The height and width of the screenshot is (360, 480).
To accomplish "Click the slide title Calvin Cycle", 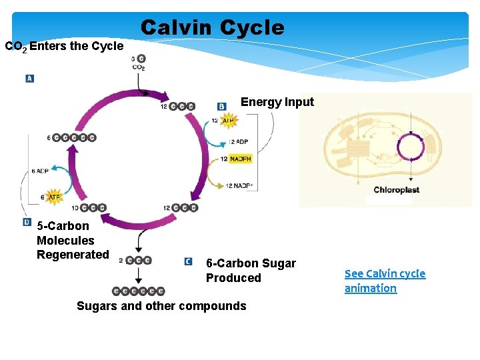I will point(212,28).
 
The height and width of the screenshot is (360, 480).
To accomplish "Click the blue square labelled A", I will point(29,79).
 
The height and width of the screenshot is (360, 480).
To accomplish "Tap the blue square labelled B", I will point(222,106).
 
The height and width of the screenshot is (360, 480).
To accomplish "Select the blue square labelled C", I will point(189,262).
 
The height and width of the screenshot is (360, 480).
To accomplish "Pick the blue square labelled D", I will point(27,222).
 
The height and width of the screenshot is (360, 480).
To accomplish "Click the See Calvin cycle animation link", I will point(385,281).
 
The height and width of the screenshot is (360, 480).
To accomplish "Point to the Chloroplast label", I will point(396,190).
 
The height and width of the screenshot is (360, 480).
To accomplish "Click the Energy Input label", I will point(277,102).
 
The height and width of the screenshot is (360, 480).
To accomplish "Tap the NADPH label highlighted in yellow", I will point(240,159).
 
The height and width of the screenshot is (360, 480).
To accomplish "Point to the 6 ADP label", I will point(40,171).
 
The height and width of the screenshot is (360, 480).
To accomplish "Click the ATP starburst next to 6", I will point(54,197).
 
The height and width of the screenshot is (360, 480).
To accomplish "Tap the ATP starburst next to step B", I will point(228,121).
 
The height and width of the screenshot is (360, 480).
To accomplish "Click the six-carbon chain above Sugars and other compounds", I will point(139,291).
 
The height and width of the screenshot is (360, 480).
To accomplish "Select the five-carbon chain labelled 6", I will point(73,137).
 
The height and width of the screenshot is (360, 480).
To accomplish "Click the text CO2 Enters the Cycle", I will point(64,47).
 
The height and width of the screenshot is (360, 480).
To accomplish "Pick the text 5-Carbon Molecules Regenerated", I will point(72,240).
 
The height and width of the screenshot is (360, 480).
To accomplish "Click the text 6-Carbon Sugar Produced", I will point(251,271).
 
